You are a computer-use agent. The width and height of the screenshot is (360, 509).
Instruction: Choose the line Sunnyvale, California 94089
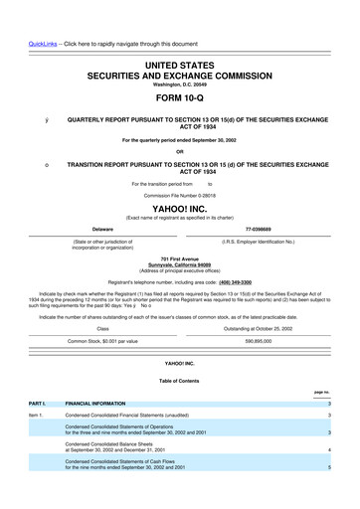[180, 265]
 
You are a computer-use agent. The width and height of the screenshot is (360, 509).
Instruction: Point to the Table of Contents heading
[180, 380]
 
